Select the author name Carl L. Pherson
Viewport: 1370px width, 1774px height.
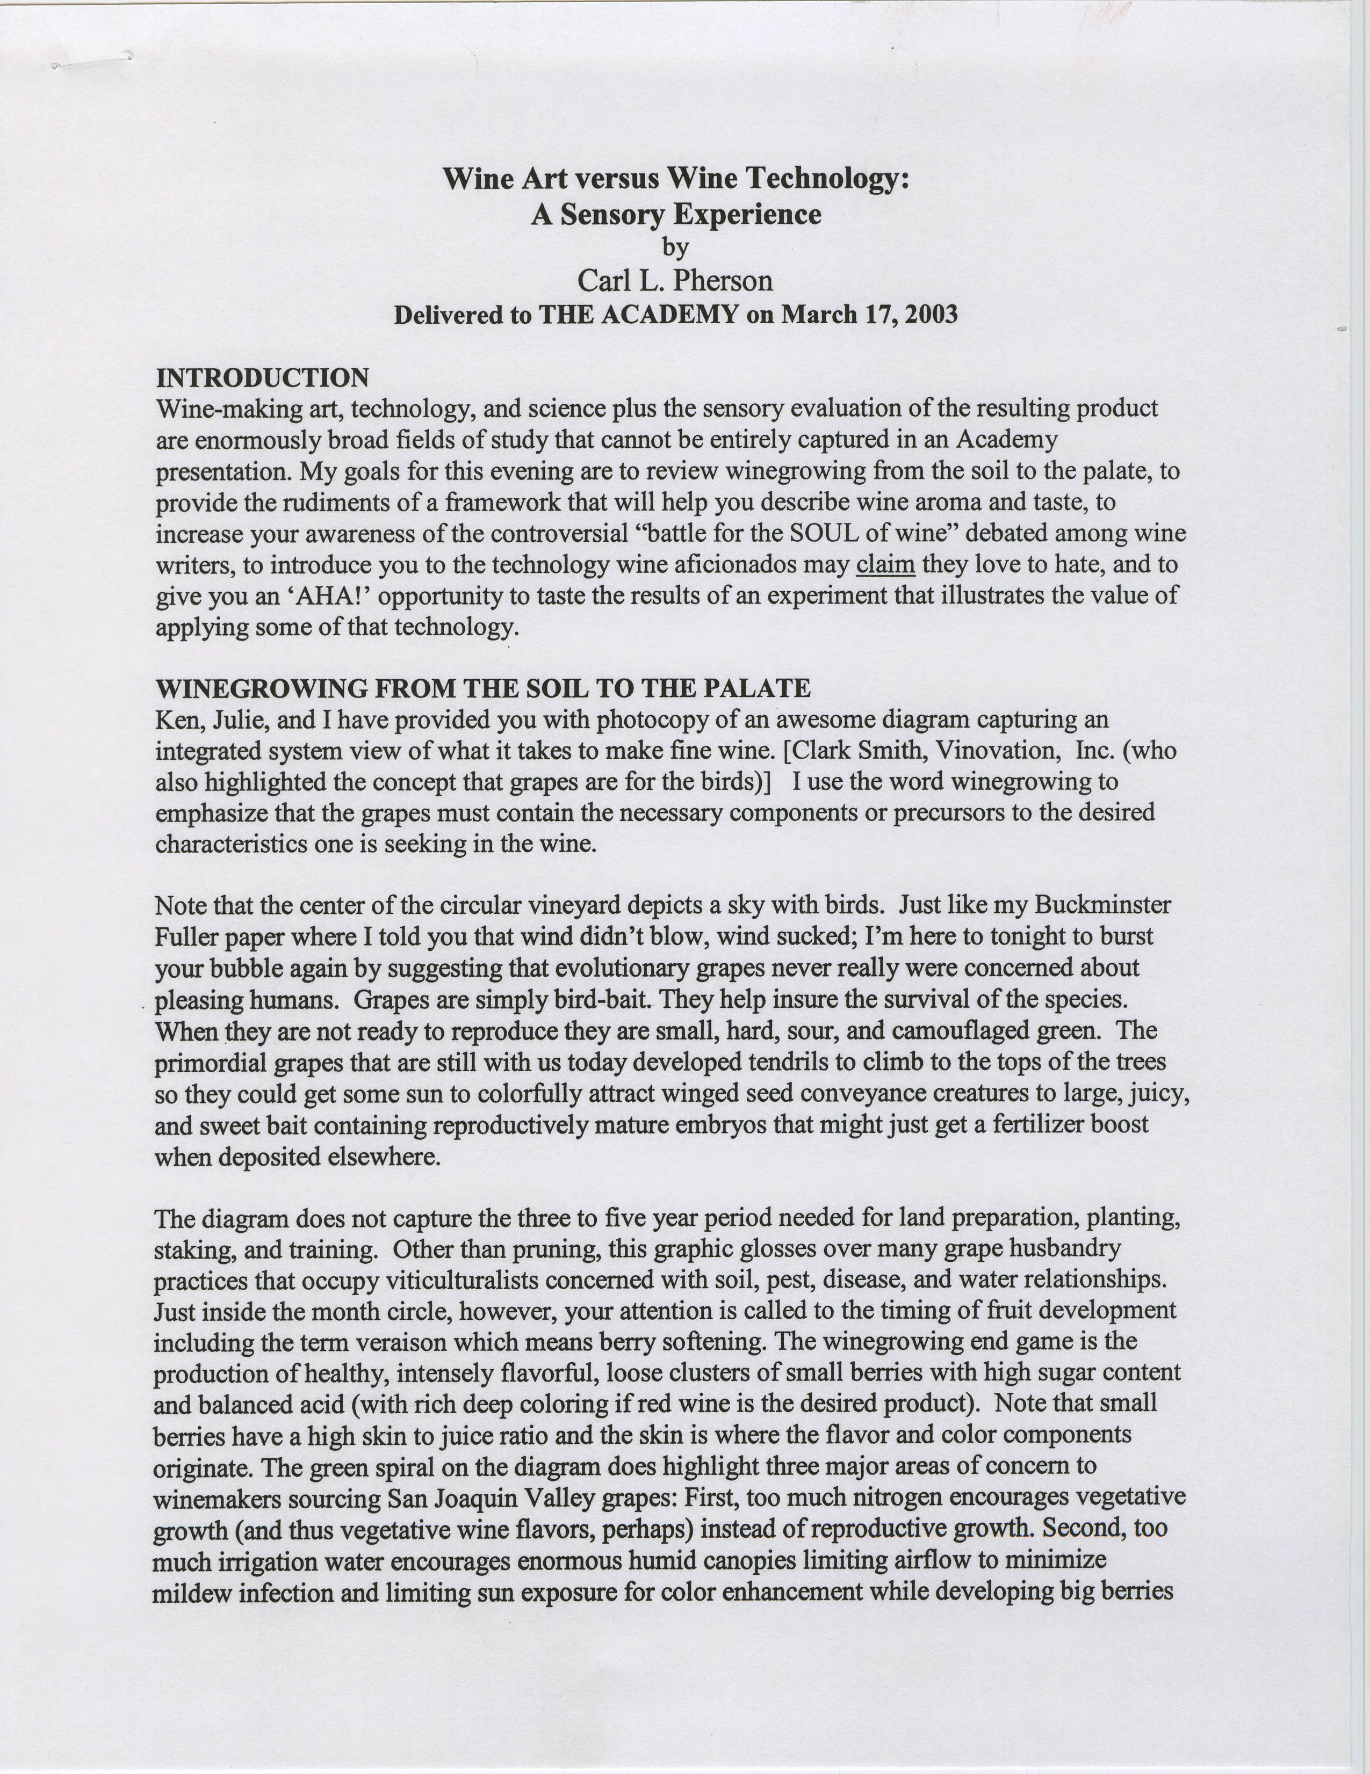coord(674,280)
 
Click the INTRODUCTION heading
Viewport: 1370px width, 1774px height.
coord(263,377)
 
